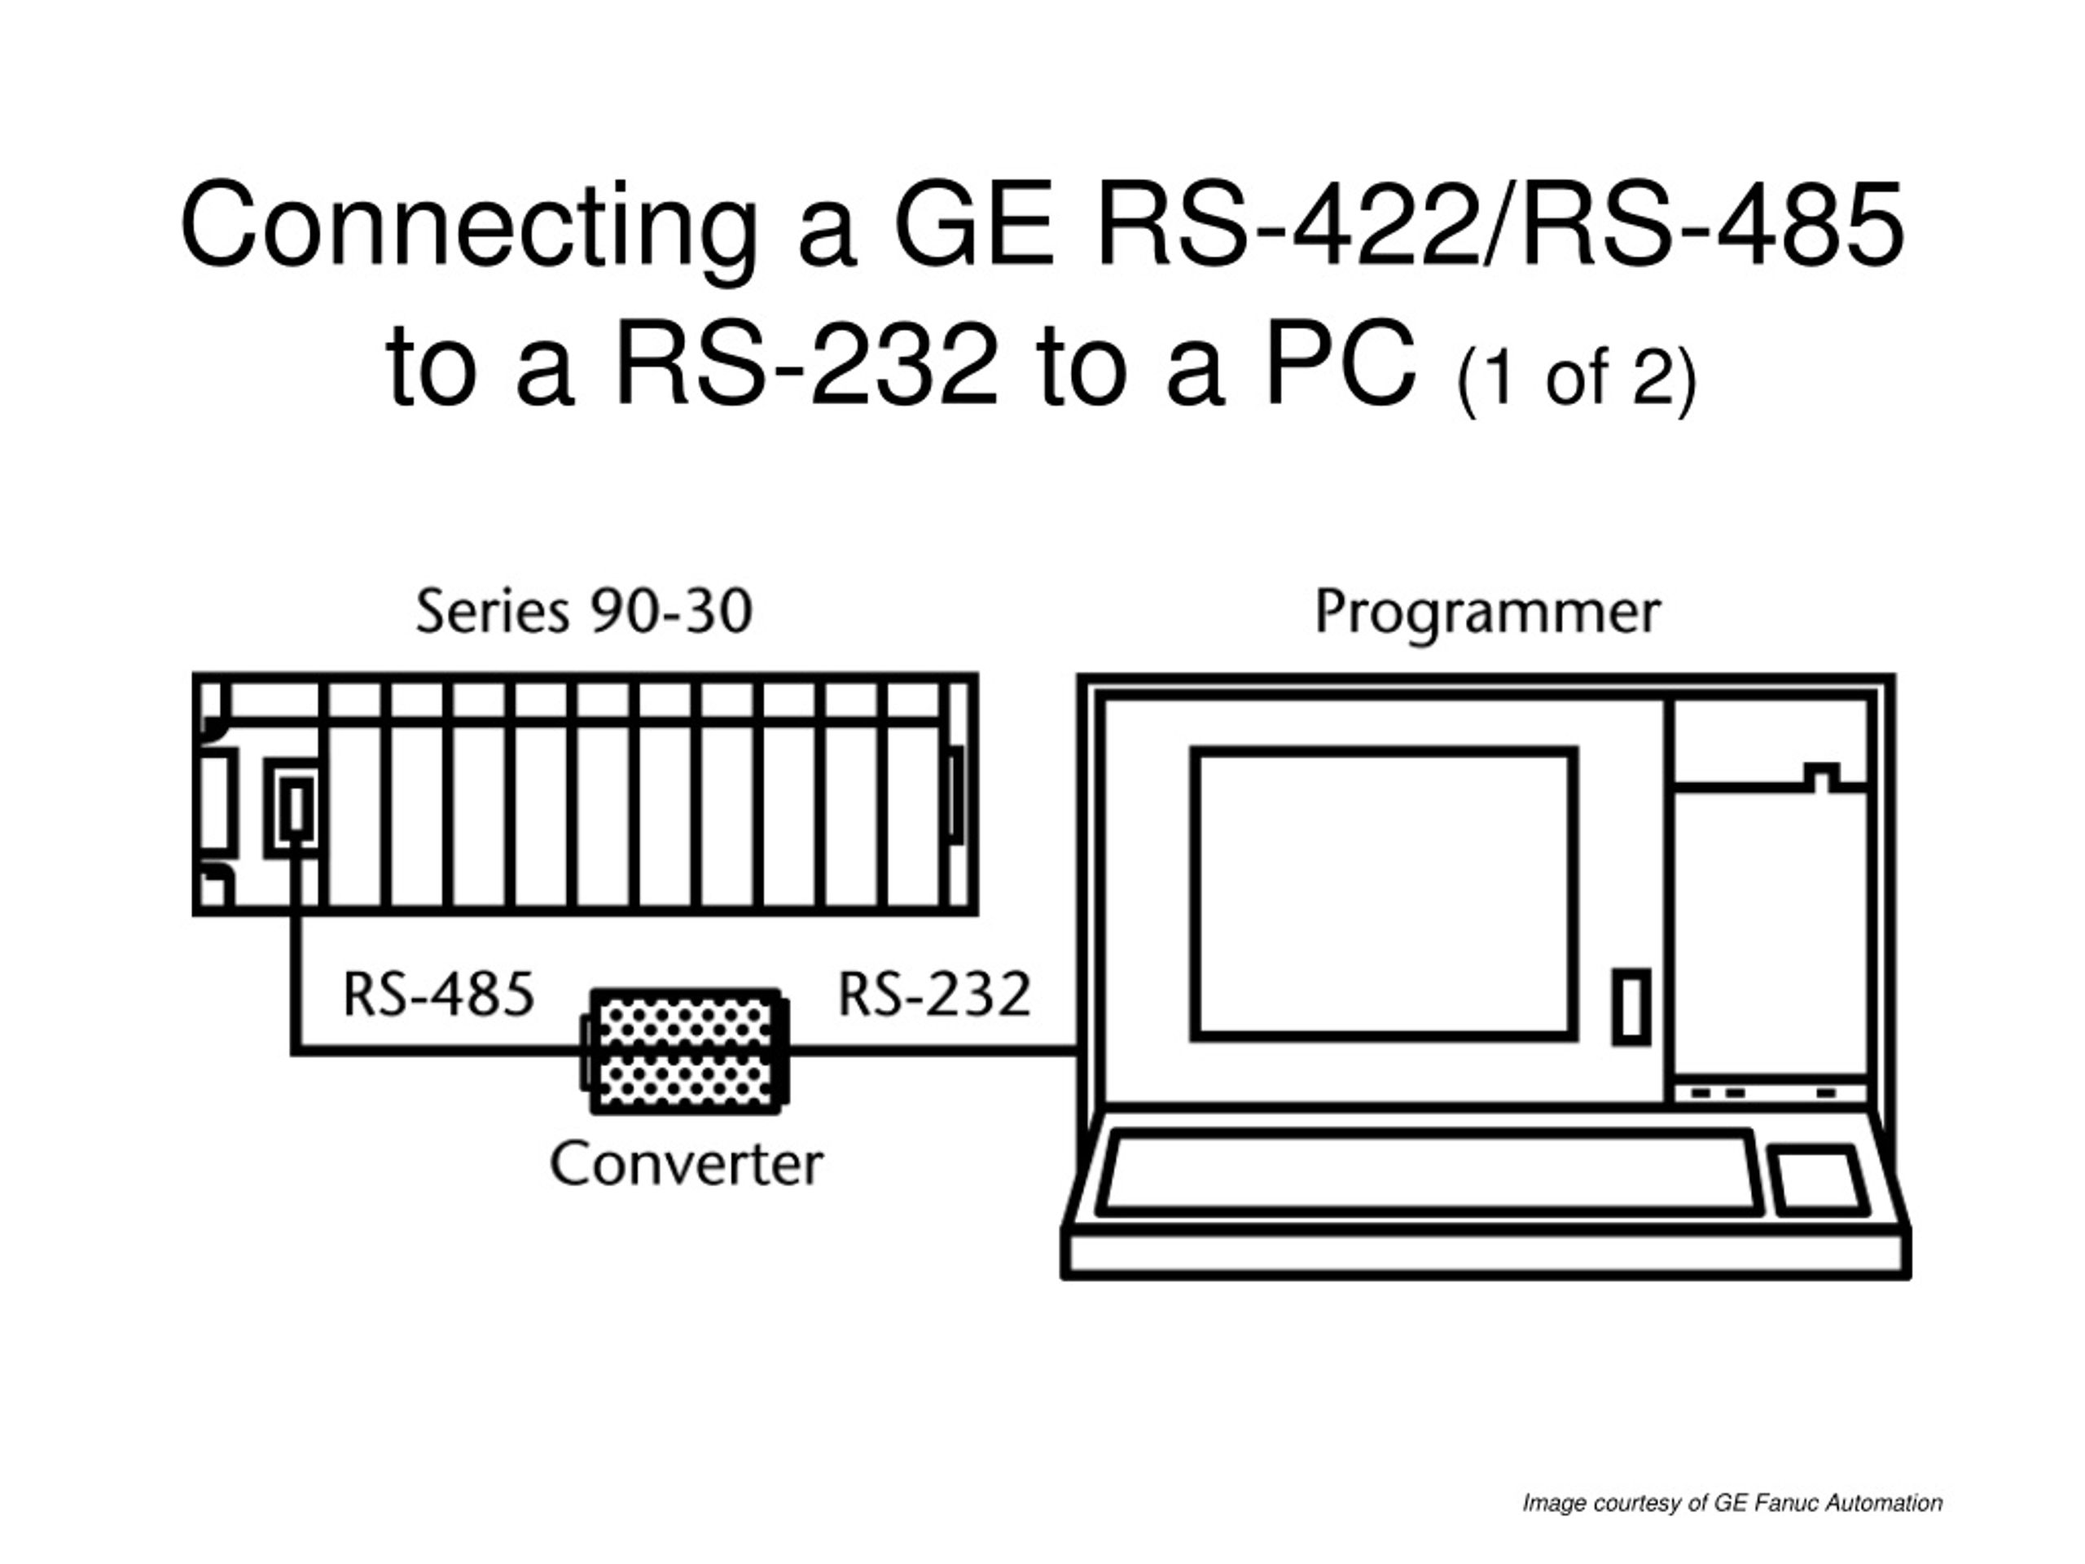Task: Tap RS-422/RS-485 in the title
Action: tap(1499, 226)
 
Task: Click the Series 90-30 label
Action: tap(585, 611)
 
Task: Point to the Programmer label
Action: tap(1487, 613)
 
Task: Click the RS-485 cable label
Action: tap(439, 994)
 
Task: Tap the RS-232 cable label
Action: tap(935, 994)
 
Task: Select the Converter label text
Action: tap(687, 1164)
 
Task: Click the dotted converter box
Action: tap(685, 1051)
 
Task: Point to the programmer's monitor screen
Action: tap(1384, 894)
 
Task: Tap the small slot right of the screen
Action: tap(1631, 1007)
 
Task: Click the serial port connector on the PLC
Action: tap(296, 808)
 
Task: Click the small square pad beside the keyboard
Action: tap(1819, 1180)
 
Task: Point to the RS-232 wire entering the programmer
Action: tap(933, 1050)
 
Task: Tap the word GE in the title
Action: tap(972, 226)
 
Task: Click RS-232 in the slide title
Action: tap(806, 364)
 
